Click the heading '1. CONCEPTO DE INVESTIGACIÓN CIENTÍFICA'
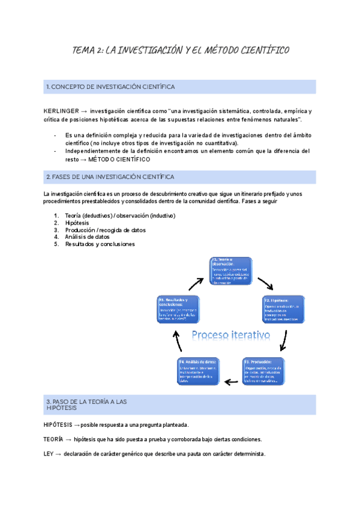pyautogui.click(x=110, y=87)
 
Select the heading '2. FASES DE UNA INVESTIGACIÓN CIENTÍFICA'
pyautogui.click(x=110, y=177)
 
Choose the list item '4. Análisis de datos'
pyautogui.click(x=83, y=236)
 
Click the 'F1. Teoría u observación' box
pyautogui.click(x=231, y=271)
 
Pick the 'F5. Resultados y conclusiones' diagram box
pyautogui.click(x=178, y=310)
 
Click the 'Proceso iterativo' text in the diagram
pyautogui.click(x=231, y=334)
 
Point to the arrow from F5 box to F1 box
pyautogui.click(x=197, y=282)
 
